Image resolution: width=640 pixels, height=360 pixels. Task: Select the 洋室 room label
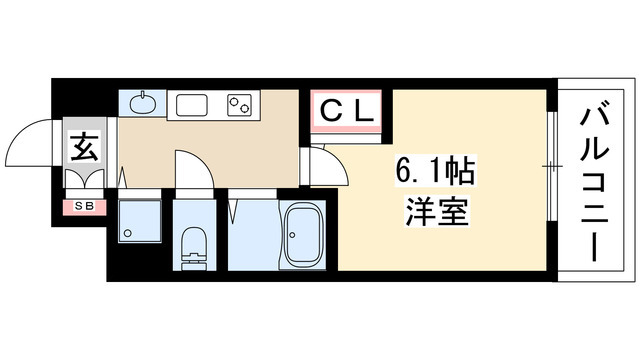click(435, 212)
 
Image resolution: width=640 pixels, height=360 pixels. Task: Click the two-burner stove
click(241, 103)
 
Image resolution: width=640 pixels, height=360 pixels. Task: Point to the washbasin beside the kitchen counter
click(143, 102)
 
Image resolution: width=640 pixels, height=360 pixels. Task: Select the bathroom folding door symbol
click(238, 212)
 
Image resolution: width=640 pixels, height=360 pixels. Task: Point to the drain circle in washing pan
click(127, 235)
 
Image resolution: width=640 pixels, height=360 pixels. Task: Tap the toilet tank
click(192, 263)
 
